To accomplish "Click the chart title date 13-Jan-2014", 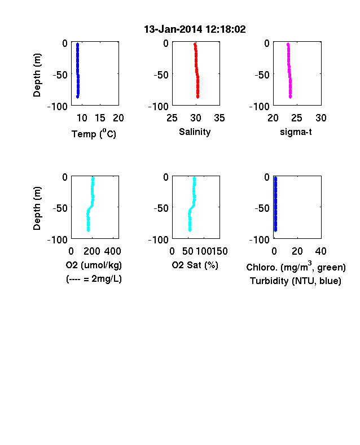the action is pos(173,29).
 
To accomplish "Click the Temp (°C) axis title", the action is pos(94,133).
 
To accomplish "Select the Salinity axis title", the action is pos(195,132).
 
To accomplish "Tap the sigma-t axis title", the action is pos(296,132).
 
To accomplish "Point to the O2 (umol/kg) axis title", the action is pos(94,265).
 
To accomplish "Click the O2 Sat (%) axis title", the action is pos(195,265).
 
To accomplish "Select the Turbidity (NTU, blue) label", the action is pos(295,281).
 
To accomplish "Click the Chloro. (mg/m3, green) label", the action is pos(296,267).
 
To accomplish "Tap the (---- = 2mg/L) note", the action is pos(94,279).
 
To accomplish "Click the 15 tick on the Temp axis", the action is pos(100,118).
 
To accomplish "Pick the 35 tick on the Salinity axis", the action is pos(219,118).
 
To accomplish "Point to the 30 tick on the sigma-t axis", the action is pos(321,118).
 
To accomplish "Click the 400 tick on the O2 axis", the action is pos(112,251).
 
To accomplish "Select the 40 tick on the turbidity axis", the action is pos(321,251).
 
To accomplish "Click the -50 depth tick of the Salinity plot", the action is pos(161,75).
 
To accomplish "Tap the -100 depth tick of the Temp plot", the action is pos(57,107).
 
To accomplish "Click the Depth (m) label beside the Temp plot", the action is pos(37,75).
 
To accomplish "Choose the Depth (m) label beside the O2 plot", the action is pos(37,208).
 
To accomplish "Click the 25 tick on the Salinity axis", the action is pos(172,118).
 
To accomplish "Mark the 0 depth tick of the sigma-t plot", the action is pos(267,43).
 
